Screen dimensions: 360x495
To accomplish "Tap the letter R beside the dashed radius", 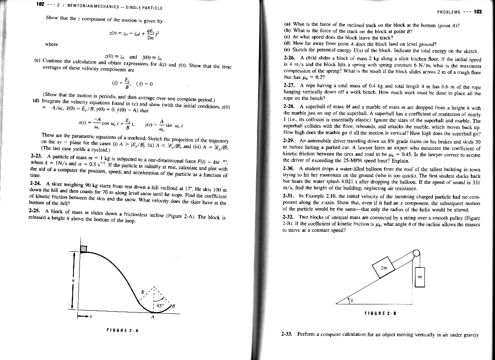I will [x=143, y=292].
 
